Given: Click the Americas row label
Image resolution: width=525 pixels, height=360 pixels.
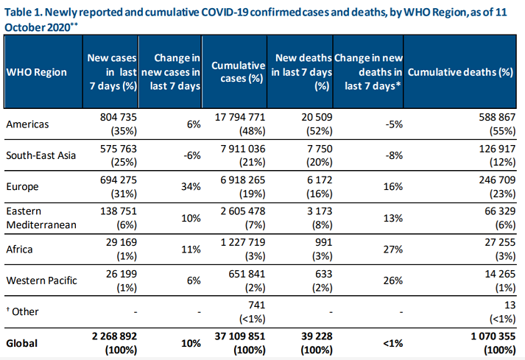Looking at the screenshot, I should pyautogui.click(x=27, y=124).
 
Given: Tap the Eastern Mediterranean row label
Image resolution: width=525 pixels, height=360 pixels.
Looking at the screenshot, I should pyautogui.click(x=41, y=217).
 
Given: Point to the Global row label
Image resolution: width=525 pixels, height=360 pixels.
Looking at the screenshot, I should pyautogui.click(x=22, y=342).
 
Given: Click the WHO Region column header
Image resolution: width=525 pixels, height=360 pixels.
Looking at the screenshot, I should pyautogui.click(x=36, y=72).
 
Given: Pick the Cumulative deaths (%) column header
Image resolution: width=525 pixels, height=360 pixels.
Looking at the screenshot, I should pyautogui.click(x=460, y=72).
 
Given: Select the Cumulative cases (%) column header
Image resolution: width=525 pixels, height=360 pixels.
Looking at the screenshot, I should pyautogui.click(x=237, y=72).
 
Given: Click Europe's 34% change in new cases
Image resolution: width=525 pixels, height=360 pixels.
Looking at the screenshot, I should pyautogui.click(x=190, y=187).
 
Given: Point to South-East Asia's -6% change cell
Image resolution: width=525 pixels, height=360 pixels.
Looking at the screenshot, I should pyautogui.click(x=191, y=155).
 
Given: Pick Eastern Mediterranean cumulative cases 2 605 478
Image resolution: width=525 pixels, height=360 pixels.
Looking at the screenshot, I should pyautogui.click(x=236, y=211).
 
